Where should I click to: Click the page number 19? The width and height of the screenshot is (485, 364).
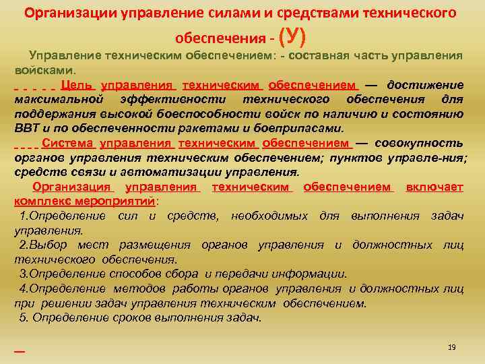[x=452, y=346]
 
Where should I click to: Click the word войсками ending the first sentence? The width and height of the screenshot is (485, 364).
[x=45, y=69]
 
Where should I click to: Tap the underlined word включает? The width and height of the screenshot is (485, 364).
[x=434, y=187]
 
